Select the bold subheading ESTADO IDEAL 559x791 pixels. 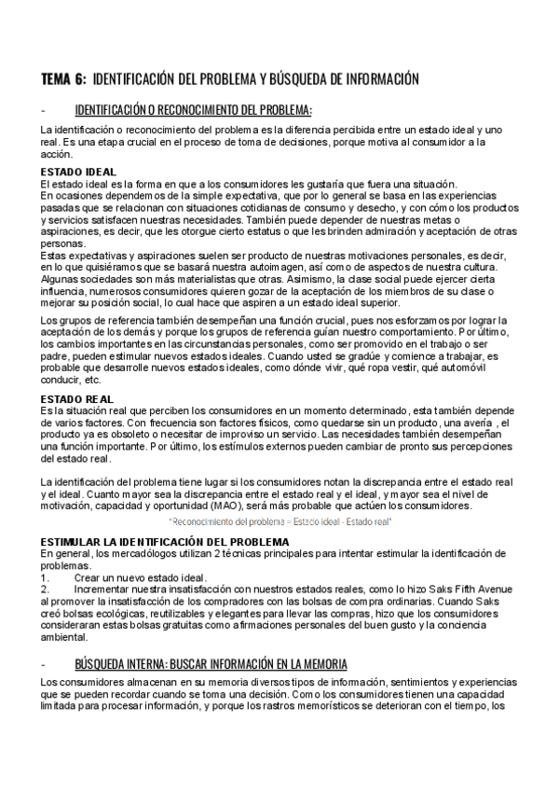[79, 172]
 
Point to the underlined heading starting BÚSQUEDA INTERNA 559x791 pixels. [211, 664]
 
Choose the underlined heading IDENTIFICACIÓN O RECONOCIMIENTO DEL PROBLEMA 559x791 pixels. [193, 109]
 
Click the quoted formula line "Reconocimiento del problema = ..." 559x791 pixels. [280, 520]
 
